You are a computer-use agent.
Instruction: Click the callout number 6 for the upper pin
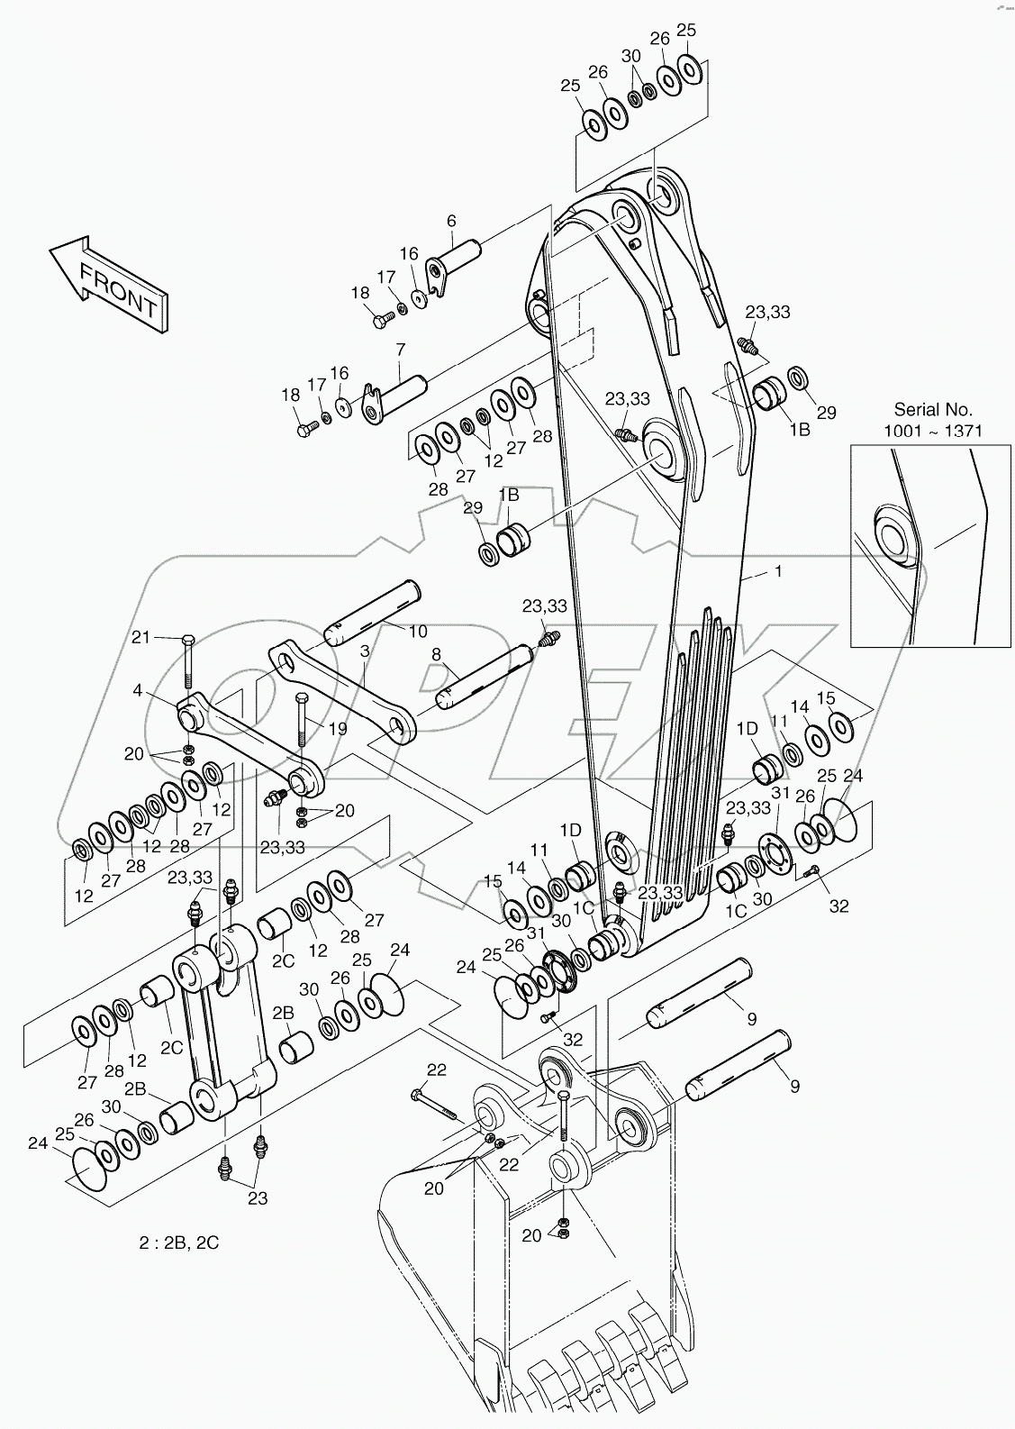(451, 221)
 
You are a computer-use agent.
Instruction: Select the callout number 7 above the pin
(401, 350)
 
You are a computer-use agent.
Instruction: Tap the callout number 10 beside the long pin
(417, 632)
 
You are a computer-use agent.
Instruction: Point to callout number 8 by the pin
(436, 656)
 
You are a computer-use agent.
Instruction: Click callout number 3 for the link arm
(365, 650)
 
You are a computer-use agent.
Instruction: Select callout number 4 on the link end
(137, 691)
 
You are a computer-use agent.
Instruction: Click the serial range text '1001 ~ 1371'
(932, 431)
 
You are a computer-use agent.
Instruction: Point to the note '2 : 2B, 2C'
(178, 1242)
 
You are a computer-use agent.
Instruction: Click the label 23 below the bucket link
(258, 1198)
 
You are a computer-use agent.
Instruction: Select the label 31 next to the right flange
(780, 793)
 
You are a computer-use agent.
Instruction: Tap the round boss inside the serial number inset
(895, 538)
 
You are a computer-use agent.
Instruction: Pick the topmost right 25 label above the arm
(686, 31)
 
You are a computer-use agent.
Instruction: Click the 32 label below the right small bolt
(838, 906)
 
